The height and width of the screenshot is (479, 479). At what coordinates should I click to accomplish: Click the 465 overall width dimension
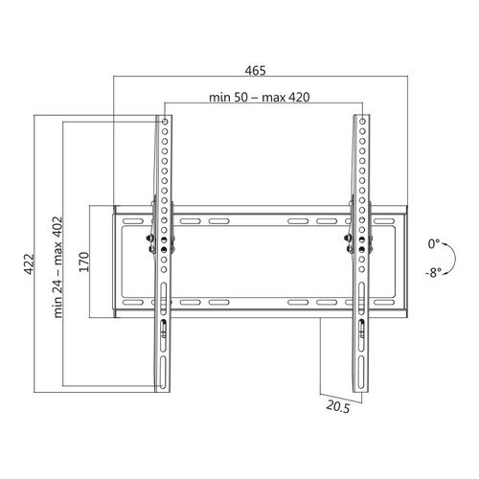[x=255, y=71]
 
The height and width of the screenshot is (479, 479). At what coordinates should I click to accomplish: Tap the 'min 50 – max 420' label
[x=260, y=97]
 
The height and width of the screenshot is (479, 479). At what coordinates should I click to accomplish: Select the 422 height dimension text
[x=29, y=264]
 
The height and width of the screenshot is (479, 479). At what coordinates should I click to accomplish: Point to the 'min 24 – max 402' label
[x=57, y=267]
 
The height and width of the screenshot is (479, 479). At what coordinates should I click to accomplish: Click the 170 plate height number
[x=84, y=262]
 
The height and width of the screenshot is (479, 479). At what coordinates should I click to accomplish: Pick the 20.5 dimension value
[x=338, y=407]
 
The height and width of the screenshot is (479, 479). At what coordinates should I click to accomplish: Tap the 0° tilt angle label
[x=434, y=244]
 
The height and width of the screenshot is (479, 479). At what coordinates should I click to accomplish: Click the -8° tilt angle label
[x=433, y=272]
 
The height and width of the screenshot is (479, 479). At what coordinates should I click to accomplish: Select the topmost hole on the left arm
[x=165, y=122]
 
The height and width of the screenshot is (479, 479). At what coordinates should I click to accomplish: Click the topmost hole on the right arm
[x=362, y=122]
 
